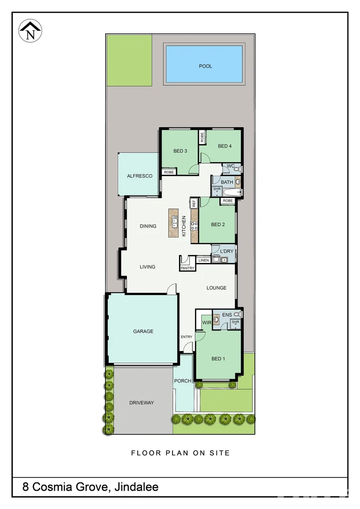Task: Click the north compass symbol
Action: [31, 32]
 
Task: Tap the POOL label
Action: [205, 66]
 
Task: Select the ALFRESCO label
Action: [139, 176]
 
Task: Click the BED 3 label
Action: [180, 151]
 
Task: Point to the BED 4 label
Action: [225, 146]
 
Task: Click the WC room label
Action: [230, 166]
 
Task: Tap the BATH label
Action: [227, 182]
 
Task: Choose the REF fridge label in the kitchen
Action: [194, 204]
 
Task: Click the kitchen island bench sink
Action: [174, 221]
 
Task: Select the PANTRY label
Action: [187, 268]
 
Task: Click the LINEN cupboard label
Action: [204, 260]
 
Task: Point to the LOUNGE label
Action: [216, 287]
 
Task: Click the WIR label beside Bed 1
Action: [206, 322]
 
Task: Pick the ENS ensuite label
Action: [227, 314]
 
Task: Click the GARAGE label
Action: [143, 331]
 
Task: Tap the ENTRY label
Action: [187, 337]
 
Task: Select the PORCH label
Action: [182, 381]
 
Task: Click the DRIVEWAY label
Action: [141, 402]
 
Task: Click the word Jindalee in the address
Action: [136, 487]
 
